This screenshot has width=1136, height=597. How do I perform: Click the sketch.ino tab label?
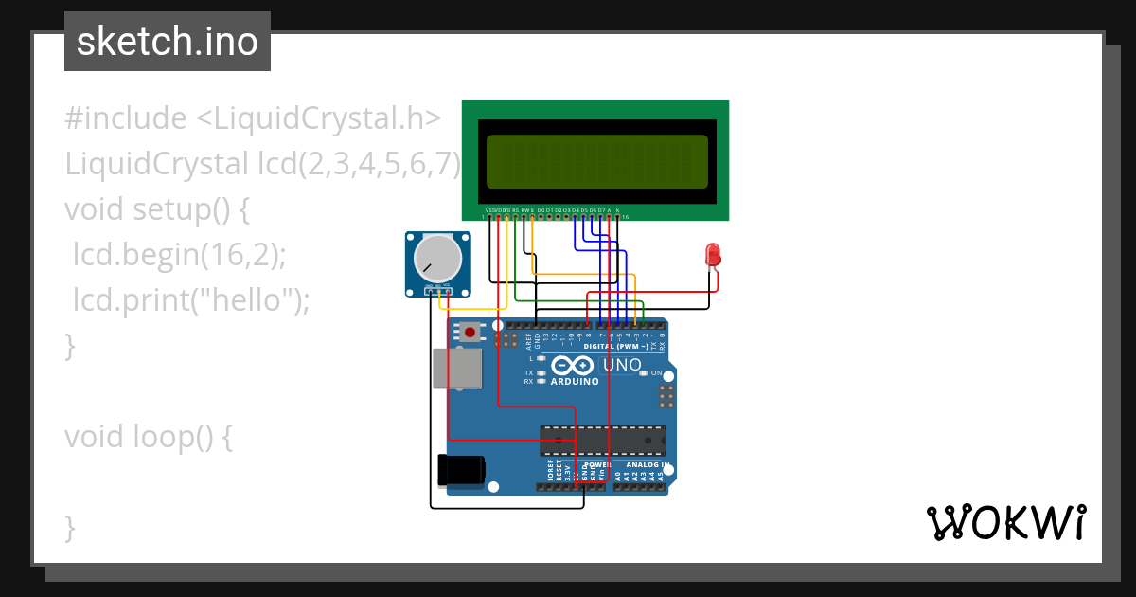coord(168,42)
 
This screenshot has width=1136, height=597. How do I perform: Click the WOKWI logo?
coord(1005,522)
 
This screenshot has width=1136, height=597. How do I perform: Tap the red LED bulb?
coord(713,254)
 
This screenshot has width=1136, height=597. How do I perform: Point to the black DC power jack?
coord(461,470)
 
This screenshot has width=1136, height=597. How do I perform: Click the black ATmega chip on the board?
coord(602,440)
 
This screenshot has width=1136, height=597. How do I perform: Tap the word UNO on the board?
coord(622,365)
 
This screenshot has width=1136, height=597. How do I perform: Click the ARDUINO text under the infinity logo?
coord(575,381)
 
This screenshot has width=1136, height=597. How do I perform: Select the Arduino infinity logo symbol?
coord(573,366)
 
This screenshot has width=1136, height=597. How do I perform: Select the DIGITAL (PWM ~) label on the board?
coord(615,347)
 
